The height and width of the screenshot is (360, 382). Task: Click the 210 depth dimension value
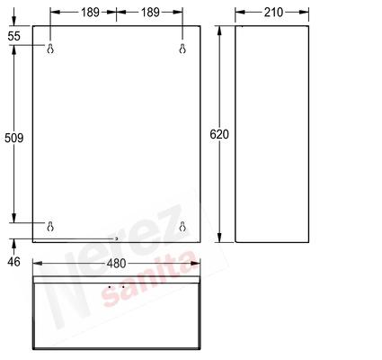click(273, 13)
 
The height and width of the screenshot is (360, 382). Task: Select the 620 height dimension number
click(219, 134)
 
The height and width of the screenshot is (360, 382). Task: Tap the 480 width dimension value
click(116, 264)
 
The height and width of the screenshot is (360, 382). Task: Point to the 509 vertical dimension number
click(13, 138)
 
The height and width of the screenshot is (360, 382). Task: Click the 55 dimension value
click(13, 36)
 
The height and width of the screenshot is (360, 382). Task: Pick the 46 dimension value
click(13, 262)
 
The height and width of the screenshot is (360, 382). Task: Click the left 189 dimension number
click(90, 13)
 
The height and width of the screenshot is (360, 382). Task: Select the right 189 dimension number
click(150, 13)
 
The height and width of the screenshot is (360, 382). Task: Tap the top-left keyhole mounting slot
click(50, 49)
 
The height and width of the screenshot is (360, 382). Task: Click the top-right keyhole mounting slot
click(182, 49)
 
